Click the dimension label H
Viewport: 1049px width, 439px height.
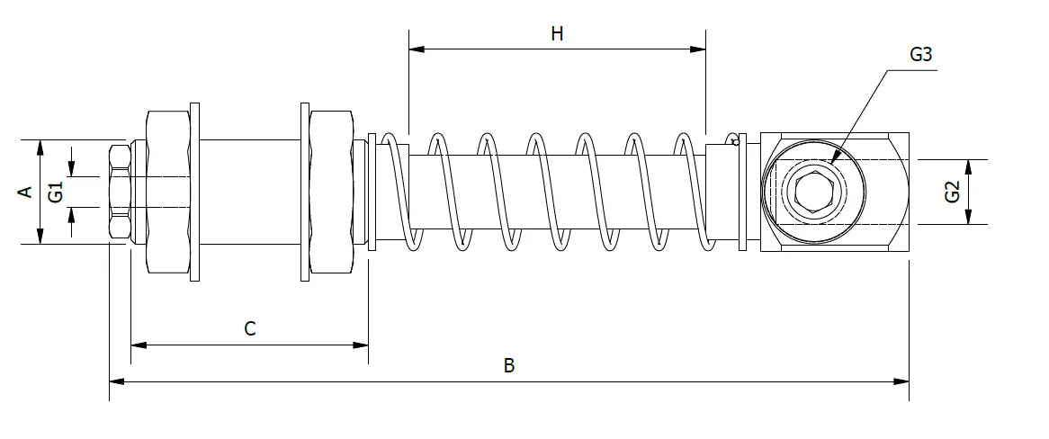(557, 33)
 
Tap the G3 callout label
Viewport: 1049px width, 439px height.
(921, 54)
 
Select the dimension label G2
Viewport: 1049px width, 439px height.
(952, 193)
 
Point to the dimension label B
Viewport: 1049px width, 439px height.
(509, 365)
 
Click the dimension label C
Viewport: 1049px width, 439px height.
(249, 328)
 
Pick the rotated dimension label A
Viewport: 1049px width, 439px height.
(25, 193)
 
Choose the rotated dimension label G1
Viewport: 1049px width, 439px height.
(56, 193)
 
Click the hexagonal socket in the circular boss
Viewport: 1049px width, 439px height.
(814, 193)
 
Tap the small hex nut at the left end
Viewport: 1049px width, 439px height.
(119, 193)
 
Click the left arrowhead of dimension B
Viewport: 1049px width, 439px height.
(117, 381)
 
